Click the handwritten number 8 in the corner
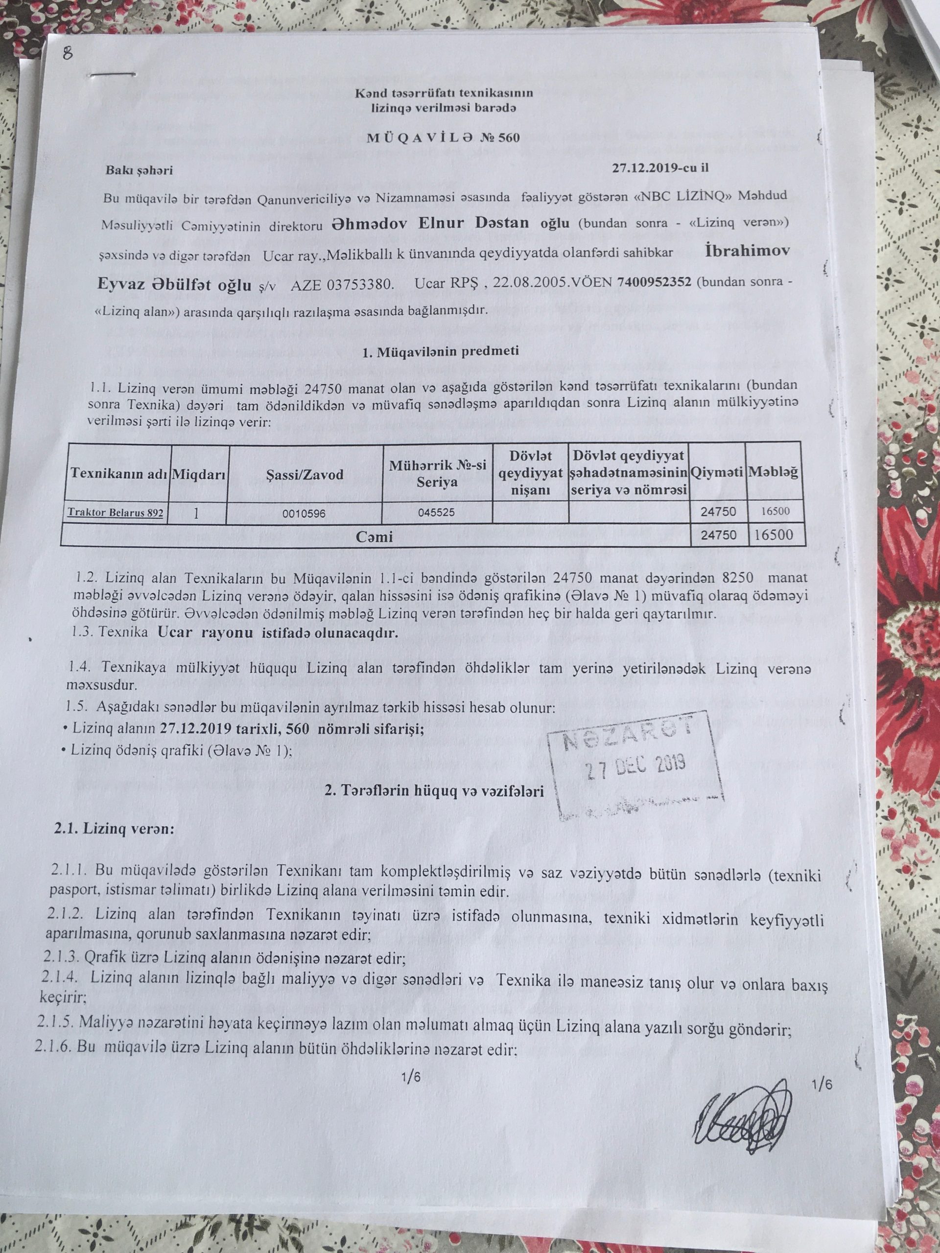click(x=68, y=54)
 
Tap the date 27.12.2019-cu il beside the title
click(x=660, y=168)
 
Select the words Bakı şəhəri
click(x=139, y=170)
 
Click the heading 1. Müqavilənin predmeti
click(x=440, y=351)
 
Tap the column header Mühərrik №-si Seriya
click(x=437, y=474)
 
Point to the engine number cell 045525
click(x=436, y=512)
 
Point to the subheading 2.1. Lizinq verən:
click(x=114, y=828)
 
